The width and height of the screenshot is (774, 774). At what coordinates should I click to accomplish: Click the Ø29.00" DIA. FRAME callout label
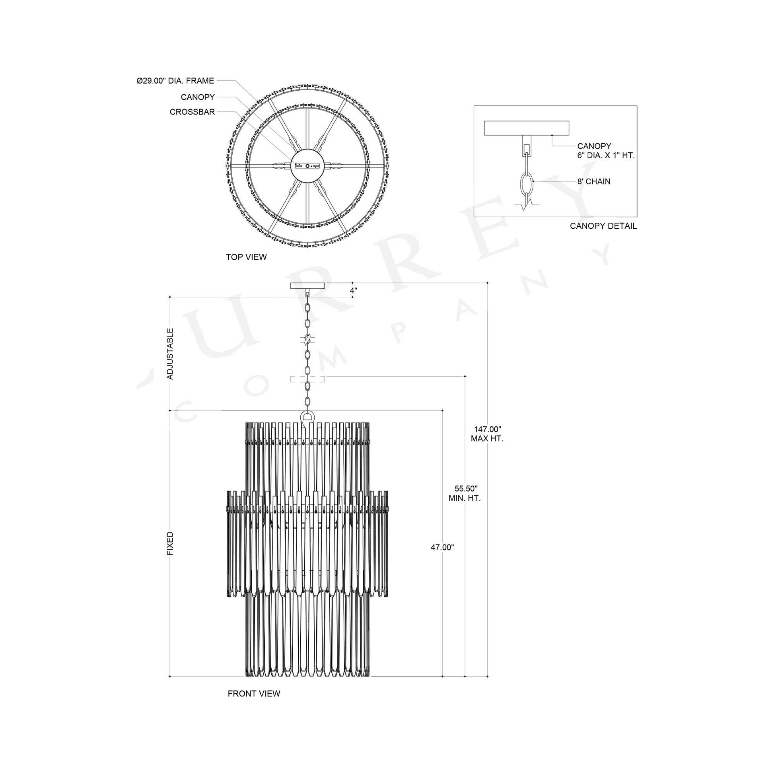pyautogui.click(x=175, y=81)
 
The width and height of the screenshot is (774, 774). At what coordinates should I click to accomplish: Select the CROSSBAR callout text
pyautogui.click(x=192, y=112)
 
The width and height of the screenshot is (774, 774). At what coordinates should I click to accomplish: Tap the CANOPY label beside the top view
pyautogui.click(x=198, y=97)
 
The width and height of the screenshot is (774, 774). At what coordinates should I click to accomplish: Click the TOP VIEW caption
pyautogui.click(x=246, y=257)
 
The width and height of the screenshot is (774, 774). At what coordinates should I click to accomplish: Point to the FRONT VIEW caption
pyautogui.click(x=254, y=694)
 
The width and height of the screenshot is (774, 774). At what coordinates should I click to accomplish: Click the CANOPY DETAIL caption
pyautogui.click(x=603, y=226)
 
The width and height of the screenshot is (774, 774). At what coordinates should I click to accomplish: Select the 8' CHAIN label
pyautogui.click(x=594, y=181)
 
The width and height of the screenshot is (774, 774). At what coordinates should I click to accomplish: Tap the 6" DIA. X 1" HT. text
pyautogui.click(x=606, y=156)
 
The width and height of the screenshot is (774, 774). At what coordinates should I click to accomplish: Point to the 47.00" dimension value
pyautogui.click(x=442, y=548)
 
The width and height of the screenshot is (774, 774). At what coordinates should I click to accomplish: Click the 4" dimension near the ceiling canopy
pyautogui.click(x=353, y=291)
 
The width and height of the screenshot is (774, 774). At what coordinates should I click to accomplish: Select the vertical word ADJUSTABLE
pyautogui.click(x=170, y=354)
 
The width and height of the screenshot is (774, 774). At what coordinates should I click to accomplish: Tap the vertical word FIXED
pyautogui.click(x=170, y=544)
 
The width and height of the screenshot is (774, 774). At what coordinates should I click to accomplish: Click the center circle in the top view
pyautogui.click(x=307, y=165)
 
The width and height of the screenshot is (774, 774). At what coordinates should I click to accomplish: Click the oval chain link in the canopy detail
pyautogui.click(x=526, y=183)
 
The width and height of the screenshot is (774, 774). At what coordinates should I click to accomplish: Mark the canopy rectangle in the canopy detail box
pyautogui.click(x=527, y=128)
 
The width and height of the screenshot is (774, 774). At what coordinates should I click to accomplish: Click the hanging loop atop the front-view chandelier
pyautogui.click(x=308, y=416)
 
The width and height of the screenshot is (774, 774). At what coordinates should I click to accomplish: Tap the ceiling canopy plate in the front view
pyautogui.click(x=308, y=286)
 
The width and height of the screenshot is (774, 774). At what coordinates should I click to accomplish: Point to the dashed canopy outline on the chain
pyautogui.click(x=307, y=379)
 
